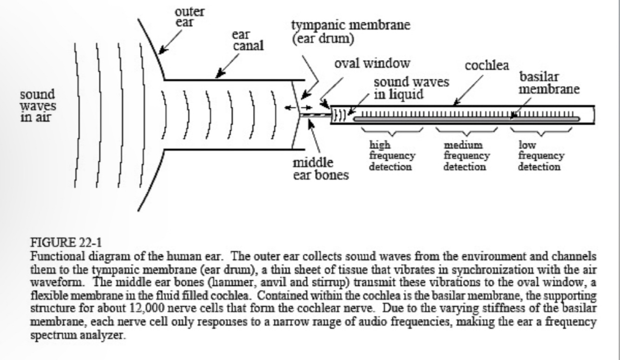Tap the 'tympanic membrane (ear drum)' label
[351, 31]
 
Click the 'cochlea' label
[487, 65]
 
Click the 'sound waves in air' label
[37, 106]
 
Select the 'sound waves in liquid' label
[411, 88]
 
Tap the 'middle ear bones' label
[320, 170]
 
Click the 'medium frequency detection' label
[465, 156]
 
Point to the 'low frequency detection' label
[541, 156]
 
